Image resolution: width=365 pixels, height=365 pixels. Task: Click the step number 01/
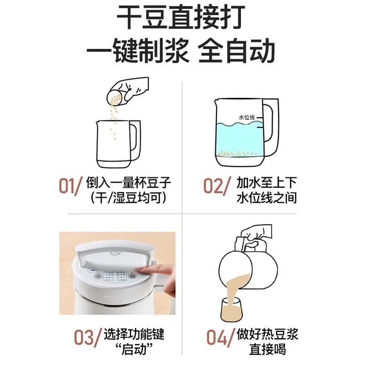pos(71,186)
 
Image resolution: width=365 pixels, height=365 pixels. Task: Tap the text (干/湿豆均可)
pos(128,198)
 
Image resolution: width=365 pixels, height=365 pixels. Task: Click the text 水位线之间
pos(267,198)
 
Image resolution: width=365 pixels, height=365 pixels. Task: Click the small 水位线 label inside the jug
pos(246,118)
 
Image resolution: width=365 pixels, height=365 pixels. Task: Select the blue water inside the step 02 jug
pos(237,139)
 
